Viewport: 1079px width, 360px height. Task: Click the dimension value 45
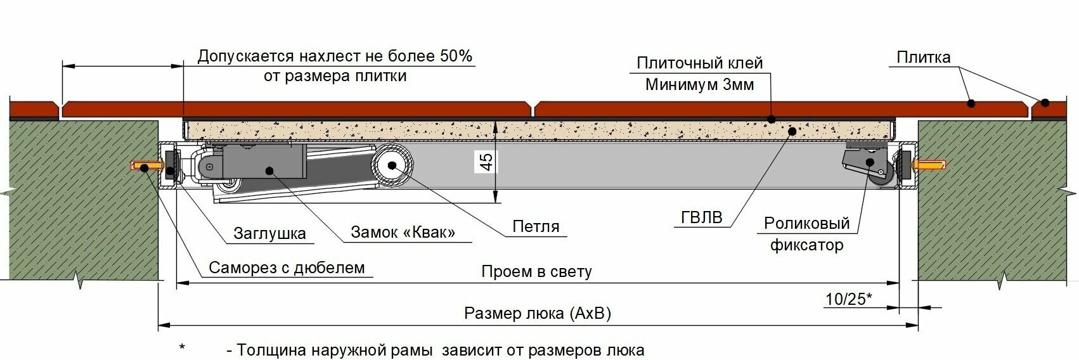point(486,161)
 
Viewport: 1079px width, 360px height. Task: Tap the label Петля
point(536,226)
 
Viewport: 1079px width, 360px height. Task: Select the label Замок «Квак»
point(403,232)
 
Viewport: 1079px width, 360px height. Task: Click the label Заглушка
point(269,233)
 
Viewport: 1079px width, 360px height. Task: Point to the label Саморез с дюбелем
point(287,267)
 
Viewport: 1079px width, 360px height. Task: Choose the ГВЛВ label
point(701,217)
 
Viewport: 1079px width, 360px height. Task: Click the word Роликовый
point(806,223)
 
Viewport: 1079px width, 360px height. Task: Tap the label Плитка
point(923,58)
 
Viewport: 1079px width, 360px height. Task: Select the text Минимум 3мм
point(699,84)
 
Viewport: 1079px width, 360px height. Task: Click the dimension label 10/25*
point(849,299)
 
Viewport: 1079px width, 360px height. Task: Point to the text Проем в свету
point(536,272)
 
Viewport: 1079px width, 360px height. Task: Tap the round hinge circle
point(392,166)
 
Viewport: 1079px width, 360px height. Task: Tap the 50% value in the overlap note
point(455,56)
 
